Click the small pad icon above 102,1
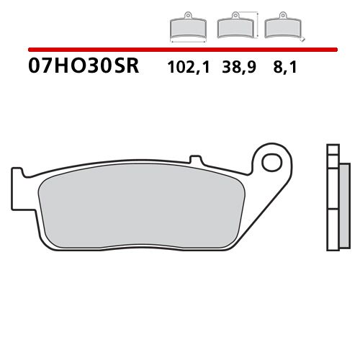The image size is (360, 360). tap(187, 27)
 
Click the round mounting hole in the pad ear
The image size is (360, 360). tap(273, 161)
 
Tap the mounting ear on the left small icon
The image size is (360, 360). tap(187, 17)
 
